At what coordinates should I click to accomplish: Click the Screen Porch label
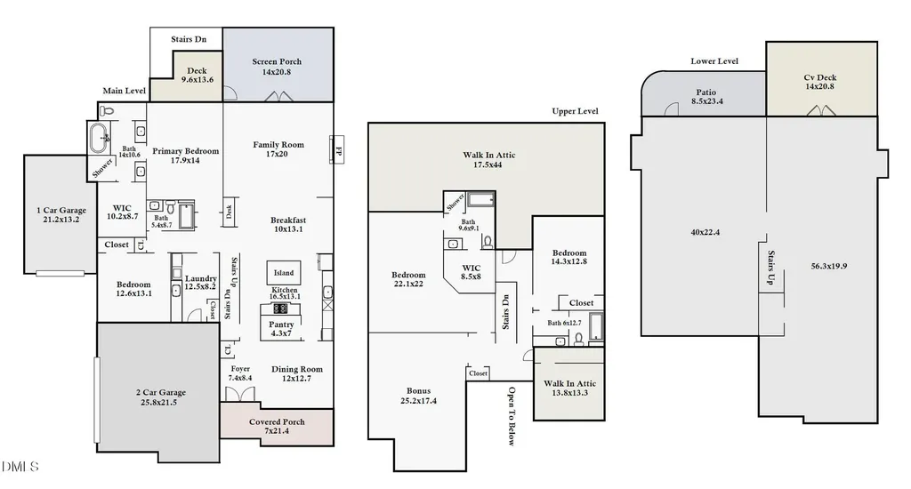277,61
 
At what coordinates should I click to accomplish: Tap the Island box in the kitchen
284,273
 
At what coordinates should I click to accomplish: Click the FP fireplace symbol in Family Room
337,150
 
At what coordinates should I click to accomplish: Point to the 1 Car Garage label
61,210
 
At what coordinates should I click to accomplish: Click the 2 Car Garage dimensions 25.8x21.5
158,402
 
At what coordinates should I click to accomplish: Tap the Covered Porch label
277,421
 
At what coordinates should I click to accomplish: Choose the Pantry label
281,325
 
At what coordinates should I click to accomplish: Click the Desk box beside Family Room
229,212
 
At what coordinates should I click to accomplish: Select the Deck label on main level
197,71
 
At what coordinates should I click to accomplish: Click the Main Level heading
124,91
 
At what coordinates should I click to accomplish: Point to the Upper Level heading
575,111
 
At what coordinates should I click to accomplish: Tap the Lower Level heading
714,61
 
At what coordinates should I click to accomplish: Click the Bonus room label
418,391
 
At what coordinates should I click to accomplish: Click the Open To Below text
512,416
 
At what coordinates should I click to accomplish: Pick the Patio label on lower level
705,92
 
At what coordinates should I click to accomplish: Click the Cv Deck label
819,77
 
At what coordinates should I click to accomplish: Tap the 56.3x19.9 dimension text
828,266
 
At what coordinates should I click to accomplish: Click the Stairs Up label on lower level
771,267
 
